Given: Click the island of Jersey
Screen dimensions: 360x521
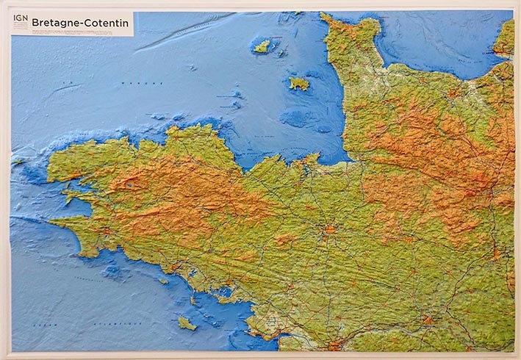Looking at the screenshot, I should [x=298, y=83].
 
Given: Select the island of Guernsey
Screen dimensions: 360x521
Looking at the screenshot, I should [x=262, y=46].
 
